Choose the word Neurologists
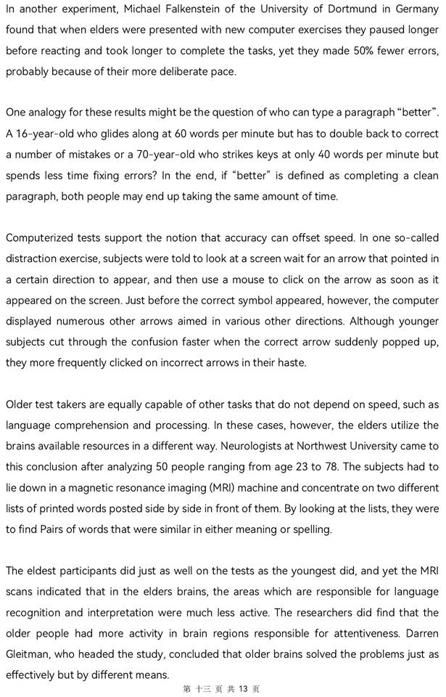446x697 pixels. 231,446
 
